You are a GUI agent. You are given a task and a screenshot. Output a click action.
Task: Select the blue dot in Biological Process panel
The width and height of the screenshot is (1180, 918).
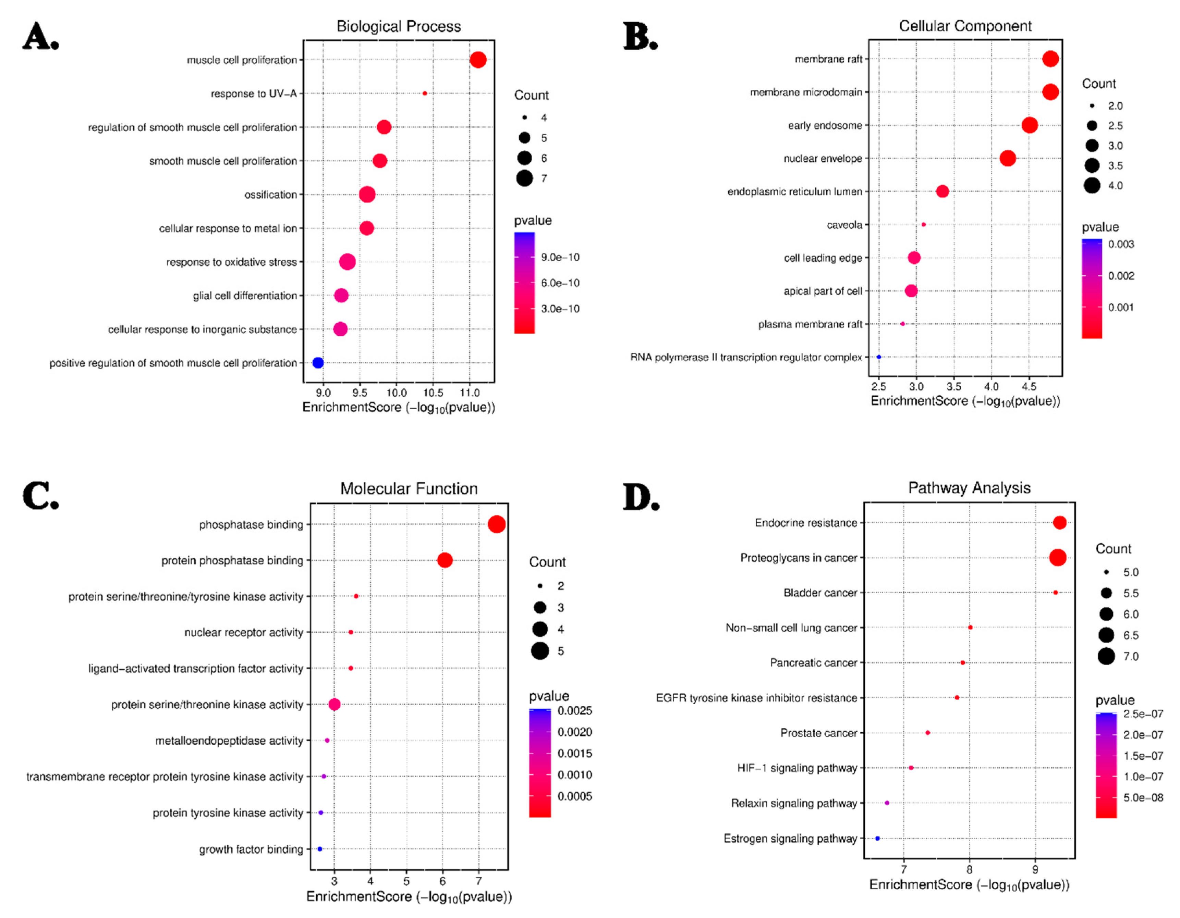[318, 363]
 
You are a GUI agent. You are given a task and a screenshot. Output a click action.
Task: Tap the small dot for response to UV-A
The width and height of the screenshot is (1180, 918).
[425, 94]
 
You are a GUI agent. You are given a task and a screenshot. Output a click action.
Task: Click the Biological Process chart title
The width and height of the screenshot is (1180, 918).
[399, 26]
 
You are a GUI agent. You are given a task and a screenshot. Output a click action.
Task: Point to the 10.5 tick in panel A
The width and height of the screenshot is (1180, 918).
[433, 393]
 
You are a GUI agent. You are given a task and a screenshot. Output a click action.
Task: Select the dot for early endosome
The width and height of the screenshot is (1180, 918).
[1029, 125]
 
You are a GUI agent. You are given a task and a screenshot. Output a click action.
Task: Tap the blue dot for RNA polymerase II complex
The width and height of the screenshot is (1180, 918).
[878, 357]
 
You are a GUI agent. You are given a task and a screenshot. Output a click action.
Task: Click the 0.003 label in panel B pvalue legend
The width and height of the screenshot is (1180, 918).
[1121, 244]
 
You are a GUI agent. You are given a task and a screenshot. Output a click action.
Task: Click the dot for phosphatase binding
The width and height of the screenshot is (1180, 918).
[497, 524]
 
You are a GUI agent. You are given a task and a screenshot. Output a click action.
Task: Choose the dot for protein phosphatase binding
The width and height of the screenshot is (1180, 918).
[444, 560]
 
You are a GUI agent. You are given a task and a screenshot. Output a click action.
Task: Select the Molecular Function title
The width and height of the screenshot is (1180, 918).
[409, 489]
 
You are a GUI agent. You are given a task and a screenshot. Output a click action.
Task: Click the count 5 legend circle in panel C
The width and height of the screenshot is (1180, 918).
[540, 651]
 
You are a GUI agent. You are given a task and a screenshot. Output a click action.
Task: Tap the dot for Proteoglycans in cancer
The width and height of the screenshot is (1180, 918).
[1057, 557]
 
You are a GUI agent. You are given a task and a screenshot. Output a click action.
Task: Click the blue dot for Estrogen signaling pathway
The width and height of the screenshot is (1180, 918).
[877, 838]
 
